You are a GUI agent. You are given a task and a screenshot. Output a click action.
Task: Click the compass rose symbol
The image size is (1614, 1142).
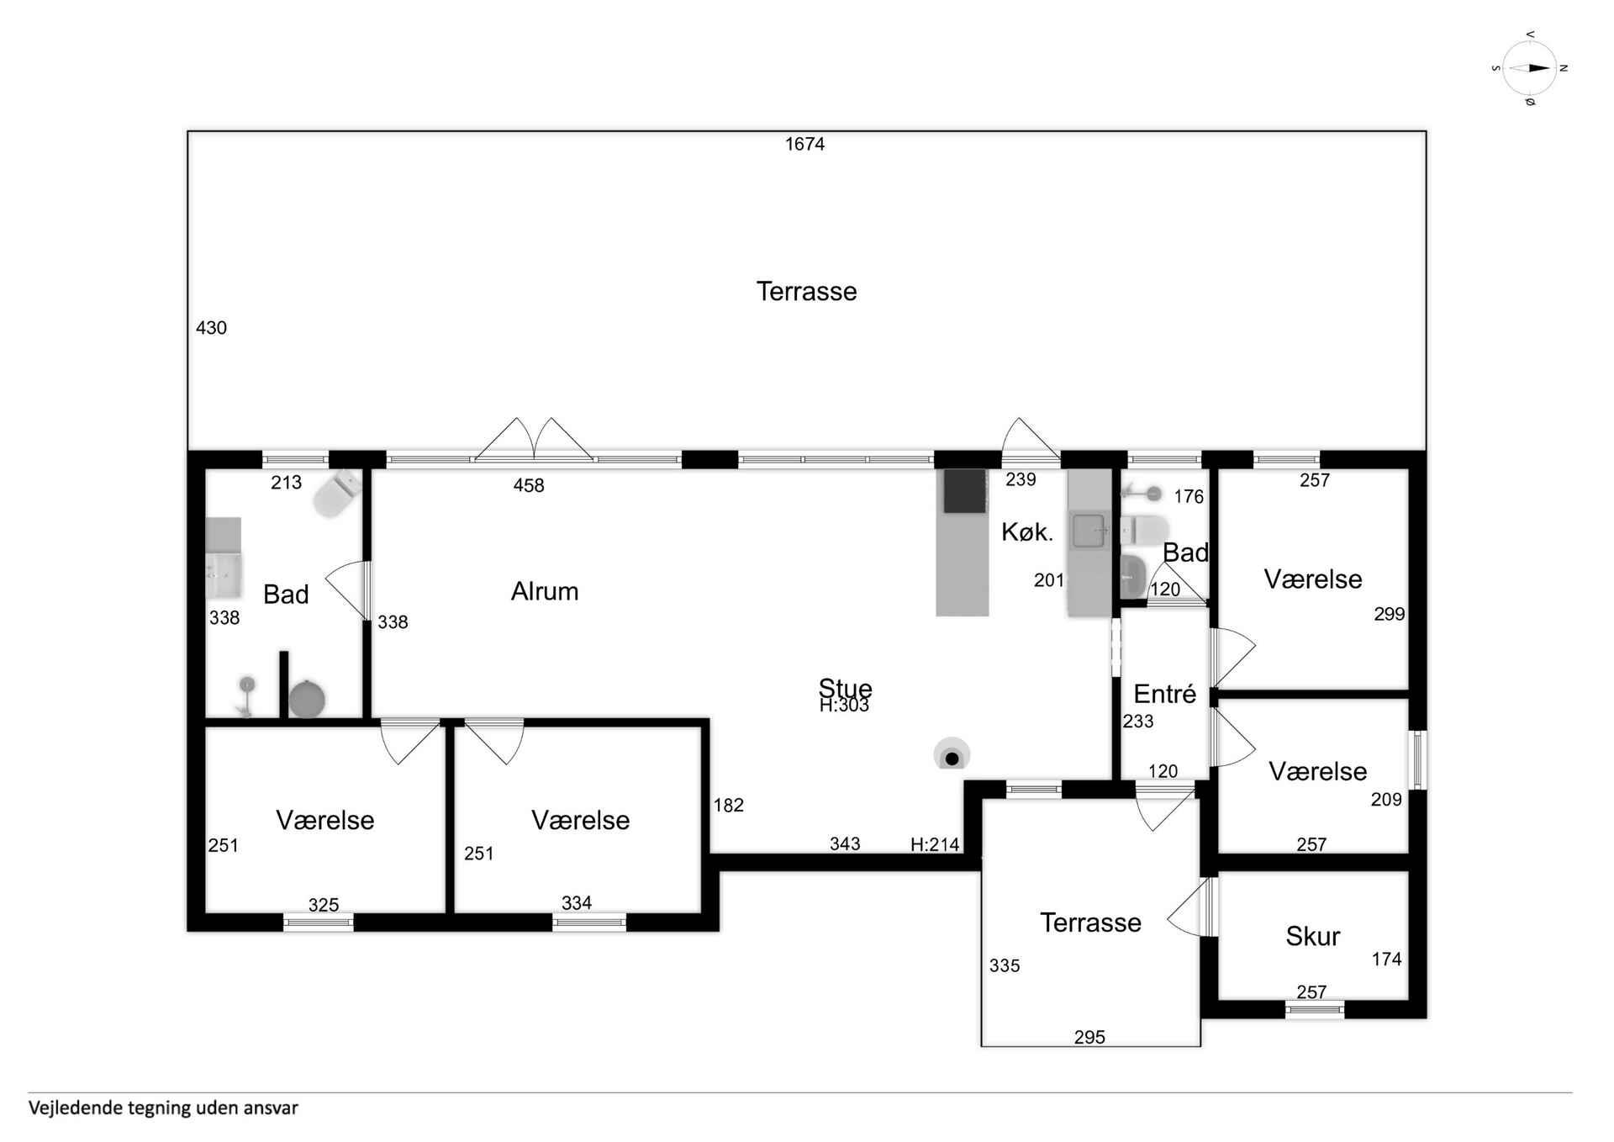pyautogui.click(x=1530, y=68)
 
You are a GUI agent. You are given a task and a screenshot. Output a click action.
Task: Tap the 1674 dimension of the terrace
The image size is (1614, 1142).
pyautogui.click(x=804, y=144)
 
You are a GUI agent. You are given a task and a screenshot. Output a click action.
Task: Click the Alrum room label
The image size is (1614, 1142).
pyautogui.click(x=545, y=591)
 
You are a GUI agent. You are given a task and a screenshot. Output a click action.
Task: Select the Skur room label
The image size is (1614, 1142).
pyautogui.click(x=1312, y=936)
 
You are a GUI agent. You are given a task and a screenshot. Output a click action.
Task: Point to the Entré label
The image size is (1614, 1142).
pyautogui.click(x=1164, y=694)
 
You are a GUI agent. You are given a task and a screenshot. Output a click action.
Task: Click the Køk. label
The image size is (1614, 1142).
pyautogui.click(x=1026, y=531)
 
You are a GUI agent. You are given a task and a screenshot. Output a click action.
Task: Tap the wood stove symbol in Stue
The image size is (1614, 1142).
pyautogui.click(x=952, y=754)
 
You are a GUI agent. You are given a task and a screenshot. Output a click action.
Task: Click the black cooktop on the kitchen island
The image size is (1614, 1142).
pyautogui.click(x=964, y=491)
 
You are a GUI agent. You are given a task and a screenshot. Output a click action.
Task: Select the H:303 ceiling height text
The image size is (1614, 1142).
pyautogui.click(x=844, y=706)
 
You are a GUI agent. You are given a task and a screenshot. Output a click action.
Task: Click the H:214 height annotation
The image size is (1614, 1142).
pyautogui.click(x=935, y=844)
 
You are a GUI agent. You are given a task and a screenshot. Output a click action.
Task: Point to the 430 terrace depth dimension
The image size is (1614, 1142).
pyautogui.click(x=211, y=328)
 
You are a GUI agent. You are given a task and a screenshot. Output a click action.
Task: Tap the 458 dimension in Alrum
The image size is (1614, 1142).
pyautogui.click(x=529, y=485)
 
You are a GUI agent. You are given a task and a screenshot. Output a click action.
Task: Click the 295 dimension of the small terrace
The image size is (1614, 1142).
pyautogui.click(x=1089, y=1037)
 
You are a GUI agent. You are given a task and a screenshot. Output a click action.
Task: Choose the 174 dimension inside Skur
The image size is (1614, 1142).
pyautogui.click(x=1386, y=959)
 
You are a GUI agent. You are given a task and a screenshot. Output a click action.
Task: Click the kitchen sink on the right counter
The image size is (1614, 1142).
pyautogui.click(x=1089, y=531)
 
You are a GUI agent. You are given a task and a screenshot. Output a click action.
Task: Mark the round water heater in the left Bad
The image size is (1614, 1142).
pyautogui.click(x=307, y=699)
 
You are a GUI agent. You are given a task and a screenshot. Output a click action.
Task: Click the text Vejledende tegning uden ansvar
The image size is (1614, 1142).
pyautogui.click(x=163, y=1108)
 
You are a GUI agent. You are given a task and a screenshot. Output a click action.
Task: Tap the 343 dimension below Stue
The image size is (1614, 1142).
pyautogui.click(x=845, y=843)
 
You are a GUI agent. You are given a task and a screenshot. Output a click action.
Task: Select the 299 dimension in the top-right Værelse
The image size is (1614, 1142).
pyautogui.click(x=1390, y=614)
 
